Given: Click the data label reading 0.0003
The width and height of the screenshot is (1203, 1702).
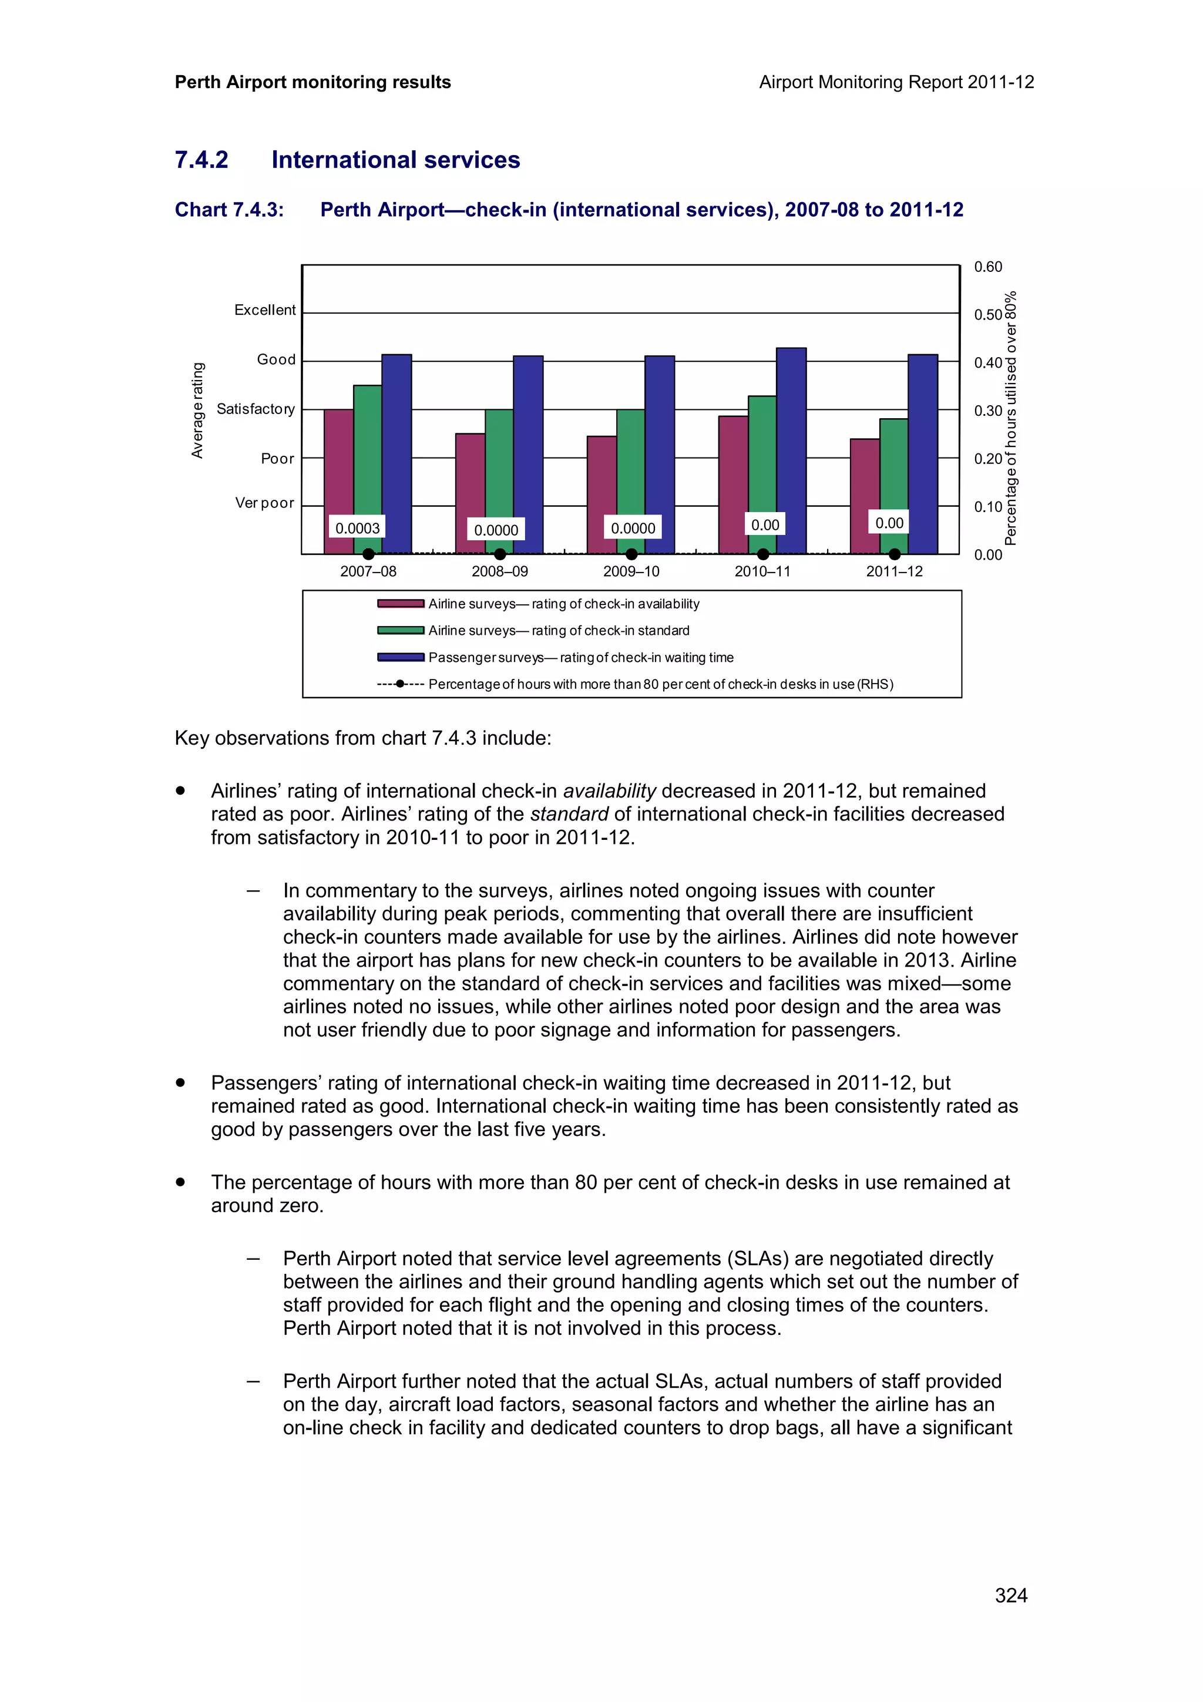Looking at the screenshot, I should (x=357, y=528).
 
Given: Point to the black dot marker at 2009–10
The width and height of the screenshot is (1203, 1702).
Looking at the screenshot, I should (x=631, y=554).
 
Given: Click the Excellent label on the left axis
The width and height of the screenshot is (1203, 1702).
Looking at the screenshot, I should (x=264, y=310).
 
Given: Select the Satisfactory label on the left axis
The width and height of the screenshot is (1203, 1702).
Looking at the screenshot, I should (x=256, y=409).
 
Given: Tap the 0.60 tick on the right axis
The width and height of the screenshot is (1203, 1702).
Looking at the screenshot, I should (x=987, y=267).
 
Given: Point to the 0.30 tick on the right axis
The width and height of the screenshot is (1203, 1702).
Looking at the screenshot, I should (x=987, y=411).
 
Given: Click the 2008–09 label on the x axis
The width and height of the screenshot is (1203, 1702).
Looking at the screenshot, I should (x=499, y=571).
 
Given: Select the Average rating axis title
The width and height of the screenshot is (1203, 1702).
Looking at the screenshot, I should (x=197, y=410).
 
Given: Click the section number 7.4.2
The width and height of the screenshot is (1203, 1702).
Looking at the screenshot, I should (x=201, y=160).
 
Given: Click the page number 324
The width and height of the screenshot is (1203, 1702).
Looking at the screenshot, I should (x=1011, y=1595).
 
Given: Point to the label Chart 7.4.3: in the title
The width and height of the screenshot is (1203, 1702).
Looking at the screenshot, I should (x=229, y=210).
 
